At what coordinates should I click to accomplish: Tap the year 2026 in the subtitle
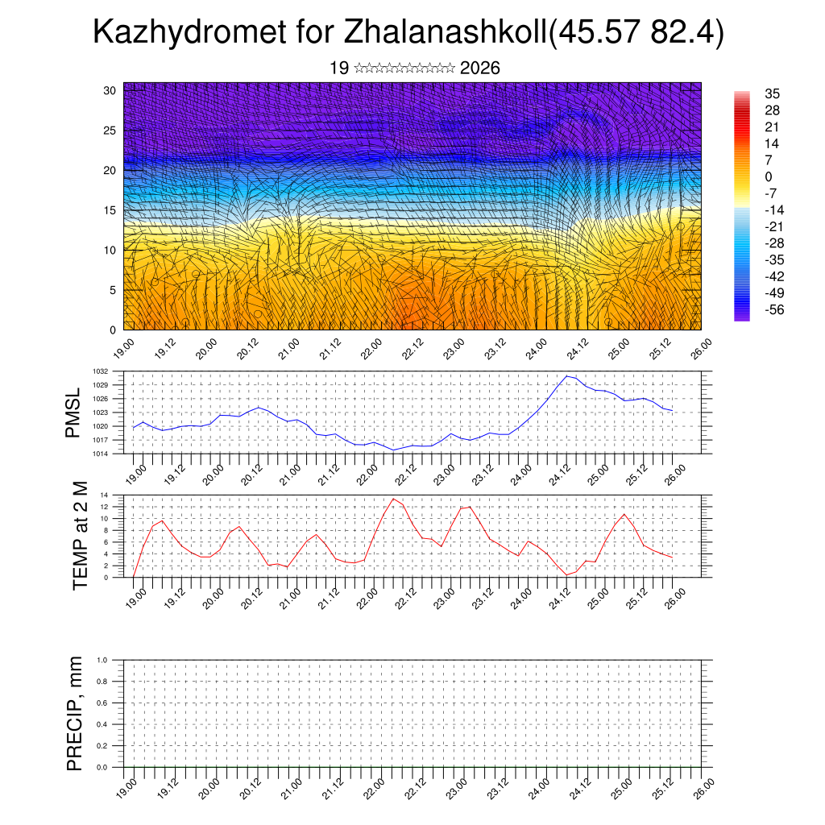click(x=480, y=68)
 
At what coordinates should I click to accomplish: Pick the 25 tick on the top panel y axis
click(x=111, y=131)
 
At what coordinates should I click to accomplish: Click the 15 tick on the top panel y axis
click(x=111, y=210)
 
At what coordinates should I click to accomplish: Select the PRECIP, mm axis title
click(x=75, y=713)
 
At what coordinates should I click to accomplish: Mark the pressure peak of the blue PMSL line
click(x=567, y=376)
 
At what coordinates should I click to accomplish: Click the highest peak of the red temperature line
click(x=392, y=499)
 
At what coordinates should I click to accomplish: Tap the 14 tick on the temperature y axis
click(x=105, y=495)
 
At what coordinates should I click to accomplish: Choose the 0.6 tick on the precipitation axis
click(x=102, y=703)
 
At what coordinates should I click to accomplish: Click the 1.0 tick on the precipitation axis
click(x=102, y=660)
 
